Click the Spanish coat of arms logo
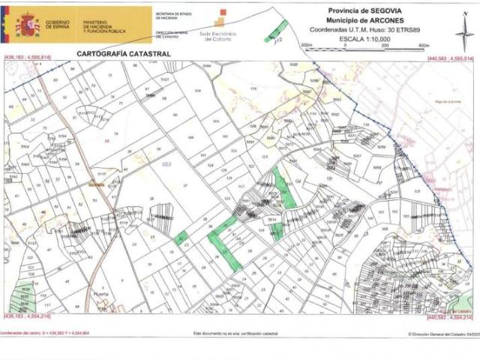coord(28,25)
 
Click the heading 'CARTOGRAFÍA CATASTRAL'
coord(124,54)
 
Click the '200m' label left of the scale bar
coord(305,46)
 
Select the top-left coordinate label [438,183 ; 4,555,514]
coord(27,58)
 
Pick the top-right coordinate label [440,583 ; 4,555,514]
coord(449,58)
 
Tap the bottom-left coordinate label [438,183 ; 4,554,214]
coord(27,316)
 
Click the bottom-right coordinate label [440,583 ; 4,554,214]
coord(449,316)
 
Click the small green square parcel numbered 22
coord(181,238)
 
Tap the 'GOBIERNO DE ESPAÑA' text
coord(58,25)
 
